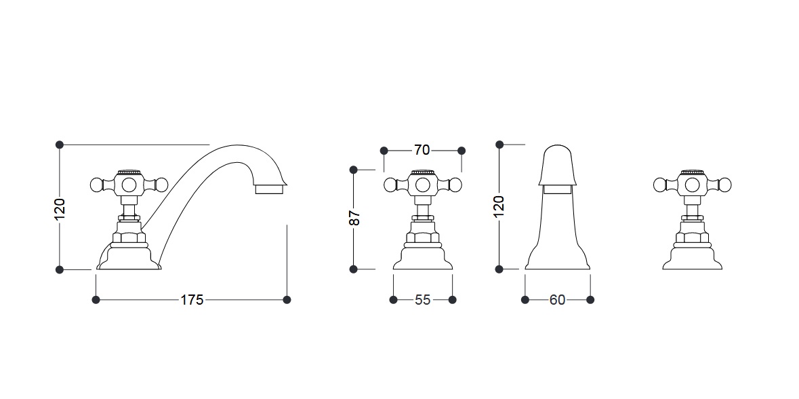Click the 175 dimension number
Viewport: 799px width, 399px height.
point(192,300)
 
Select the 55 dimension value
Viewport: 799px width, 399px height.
point(422,300)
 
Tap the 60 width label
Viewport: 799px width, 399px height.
point(558,300)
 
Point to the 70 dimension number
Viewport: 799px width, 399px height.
point(422,150)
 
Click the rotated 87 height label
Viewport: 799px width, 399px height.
point(354,218)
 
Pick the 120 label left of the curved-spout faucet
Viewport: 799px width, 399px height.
point(60,209)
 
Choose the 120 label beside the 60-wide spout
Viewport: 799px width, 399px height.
point(499,206)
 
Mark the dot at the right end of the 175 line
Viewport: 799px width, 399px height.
point(287,300)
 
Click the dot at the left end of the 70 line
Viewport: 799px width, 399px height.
point(384,151)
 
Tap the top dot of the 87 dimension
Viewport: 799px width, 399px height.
point(354,170)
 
